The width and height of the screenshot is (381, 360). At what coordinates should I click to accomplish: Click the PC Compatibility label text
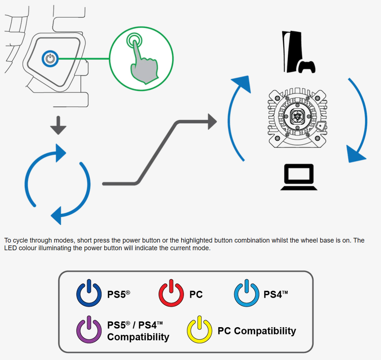click(257, 331)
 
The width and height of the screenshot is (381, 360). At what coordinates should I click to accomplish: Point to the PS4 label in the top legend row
click(276, 294)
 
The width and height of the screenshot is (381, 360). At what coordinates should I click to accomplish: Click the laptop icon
click(299, 177)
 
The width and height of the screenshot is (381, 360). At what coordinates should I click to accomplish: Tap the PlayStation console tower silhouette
click(292, 51)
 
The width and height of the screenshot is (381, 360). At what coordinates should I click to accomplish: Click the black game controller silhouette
click(307, 67)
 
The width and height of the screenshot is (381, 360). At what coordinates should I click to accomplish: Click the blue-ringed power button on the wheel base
click(50, 59)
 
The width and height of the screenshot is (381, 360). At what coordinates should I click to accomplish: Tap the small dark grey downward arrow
click(58, 125)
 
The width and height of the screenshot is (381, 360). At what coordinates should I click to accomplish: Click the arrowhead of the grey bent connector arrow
click(212, 121)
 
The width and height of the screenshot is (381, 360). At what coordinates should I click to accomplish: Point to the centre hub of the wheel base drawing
click(297, 117)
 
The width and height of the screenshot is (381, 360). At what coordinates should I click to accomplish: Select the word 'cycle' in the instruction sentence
click(20, 241)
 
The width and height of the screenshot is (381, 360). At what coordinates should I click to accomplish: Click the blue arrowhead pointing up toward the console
click(242, 84)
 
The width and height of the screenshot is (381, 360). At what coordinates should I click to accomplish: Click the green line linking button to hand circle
click(84, 59)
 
